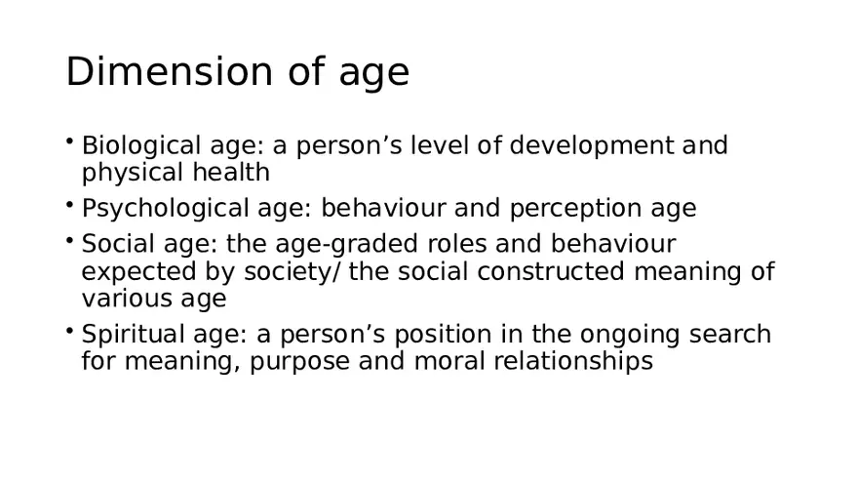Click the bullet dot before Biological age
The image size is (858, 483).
(x=70, y=141)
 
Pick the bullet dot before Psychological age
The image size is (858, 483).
(x=70, y=204)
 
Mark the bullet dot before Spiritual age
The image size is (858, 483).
(x=70, y=330)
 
